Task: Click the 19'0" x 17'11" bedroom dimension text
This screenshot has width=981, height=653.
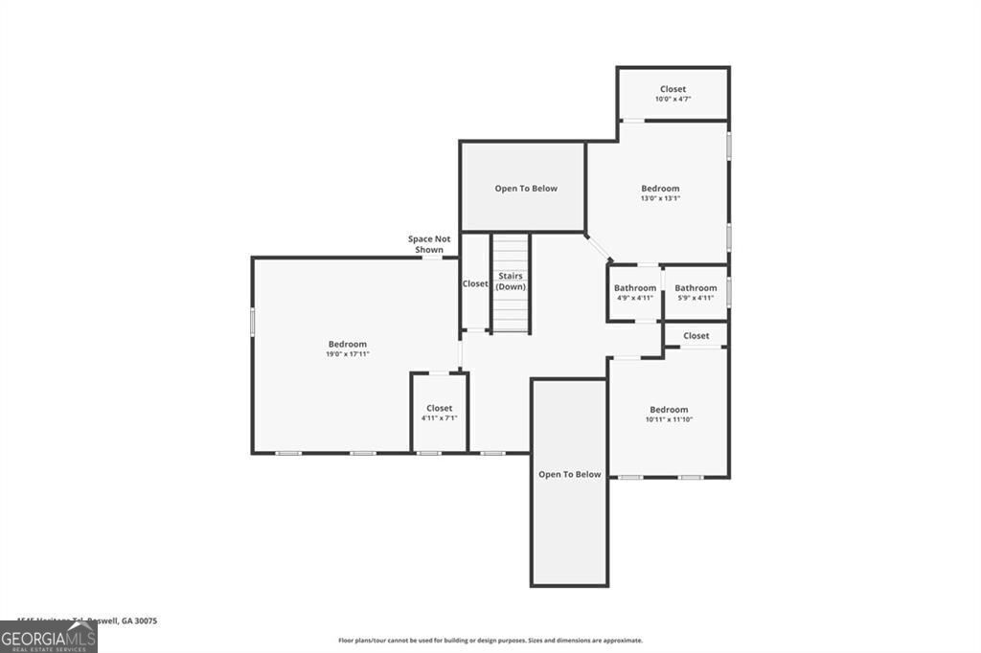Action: [347, 354]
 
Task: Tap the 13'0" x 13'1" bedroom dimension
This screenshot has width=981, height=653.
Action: [660, 199]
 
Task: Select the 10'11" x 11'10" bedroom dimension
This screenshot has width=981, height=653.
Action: [668, 419]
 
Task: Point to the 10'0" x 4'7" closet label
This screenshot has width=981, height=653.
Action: [673, 100]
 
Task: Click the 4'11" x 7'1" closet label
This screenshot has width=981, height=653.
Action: [439, 418]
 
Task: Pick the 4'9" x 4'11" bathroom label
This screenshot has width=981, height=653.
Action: [634, 298]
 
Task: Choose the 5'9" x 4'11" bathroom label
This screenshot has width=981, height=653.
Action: [696, 298]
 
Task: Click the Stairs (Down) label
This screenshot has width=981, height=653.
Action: [511, 281]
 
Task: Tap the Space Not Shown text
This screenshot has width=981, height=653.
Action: [428, 244]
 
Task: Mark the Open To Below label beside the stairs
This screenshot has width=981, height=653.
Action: [525, 189]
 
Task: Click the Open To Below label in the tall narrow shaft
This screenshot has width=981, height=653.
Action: [569, 474]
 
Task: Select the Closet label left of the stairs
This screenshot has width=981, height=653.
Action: [475, 284]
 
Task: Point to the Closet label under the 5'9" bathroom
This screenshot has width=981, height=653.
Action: [696, 336]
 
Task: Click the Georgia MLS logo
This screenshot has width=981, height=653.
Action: [48, 638]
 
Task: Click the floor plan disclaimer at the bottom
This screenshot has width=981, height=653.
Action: [490, 641]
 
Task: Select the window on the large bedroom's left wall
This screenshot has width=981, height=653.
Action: [253, 322]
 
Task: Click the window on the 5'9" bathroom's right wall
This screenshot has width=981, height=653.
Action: [728, 291]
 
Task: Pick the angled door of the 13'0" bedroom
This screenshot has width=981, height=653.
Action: [600, 248]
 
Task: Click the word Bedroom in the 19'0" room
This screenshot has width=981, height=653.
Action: [347, 345]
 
